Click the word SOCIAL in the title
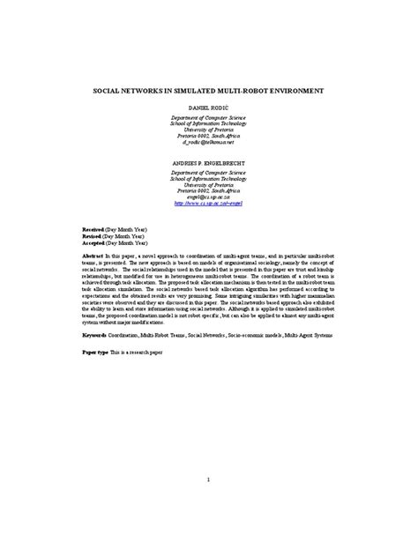tap(108, 90)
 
